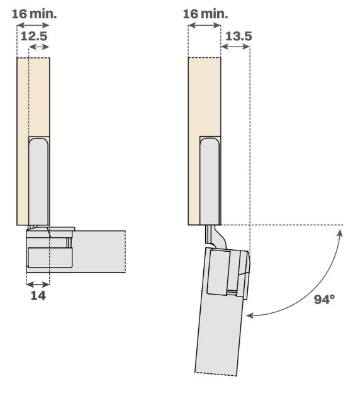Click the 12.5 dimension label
(x=34, y=36)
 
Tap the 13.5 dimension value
(x=239, y=36)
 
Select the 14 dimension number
(x=38, y=295)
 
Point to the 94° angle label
(x=324, y=299)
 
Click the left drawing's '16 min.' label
(x=34, y=14)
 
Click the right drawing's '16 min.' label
(x=205, y=14)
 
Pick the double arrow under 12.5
(x=38, y=47)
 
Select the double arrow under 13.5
(x=235, y=47)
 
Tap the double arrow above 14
(x=38, y=284)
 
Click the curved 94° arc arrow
(x=314, y=288)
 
